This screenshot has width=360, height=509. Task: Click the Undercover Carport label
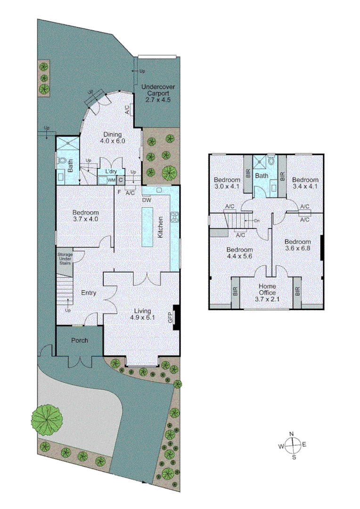158,93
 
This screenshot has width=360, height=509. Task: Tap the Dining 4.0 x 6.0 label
113,138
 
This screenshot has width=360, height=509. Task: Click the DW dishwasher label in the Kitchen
147,200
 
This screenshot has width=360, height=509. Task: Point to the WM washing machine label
111,180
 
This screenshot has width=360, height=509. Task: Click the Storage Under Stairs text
65,259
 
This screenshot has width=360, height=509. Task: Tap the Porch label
80,340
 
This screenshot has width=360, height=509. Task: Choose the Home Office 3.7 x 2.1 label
267,293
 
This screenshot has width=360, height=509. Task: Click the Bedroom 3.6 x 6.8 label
298,245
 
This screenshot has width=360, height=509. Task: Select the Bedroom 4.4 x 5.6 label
239,253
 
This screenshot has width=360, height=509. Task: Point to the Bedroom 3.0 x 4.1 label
227,183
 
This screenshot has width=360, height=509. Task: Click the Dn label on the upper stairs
257,221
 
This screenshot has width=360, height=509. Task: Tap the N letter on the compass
292,434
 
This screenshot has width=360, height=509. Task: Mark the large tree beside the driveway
47,420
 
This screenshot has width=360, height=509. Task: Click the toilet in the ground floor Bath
62,160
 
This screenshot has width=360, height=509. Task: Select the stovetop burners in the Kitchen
175,217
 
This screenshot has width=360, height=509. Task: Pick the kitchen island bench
147,227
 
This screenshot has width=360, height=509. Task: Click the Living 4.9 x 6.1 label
142,314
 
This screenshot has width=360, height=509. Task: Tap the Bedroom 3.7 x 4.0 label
85,216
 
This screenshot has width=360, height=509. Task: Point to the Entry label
89,293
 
